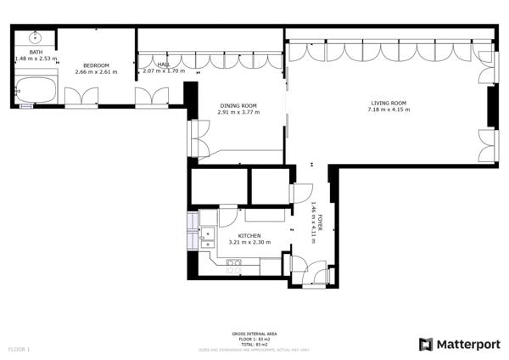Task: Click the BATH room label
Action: point(35,52)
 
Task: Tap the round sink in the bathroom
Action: point(36,37)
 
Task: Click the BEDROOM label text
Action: point(96,65)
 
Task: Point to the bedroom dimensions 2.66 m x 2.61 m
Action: point(96,72)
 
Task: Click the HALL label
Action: point(163,65)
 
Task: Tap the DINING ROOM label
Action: point(238,105)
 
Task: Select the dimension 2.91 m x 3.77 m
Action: point(238,112)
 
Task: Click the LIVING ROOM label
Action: point(389,103)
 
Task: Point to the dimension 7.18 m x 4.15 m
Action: point(389,110)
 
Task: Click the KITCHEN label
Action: point(249,235)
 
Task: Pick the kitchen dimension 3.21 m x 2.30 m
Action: point(249,242)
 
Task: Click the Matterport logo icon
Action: point(426,344)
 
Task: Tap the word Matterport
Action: point(468,344)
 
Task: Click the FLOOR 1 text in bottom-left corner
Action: point(19,349)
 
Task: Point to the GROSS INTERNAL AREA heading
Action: point(254,334)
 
